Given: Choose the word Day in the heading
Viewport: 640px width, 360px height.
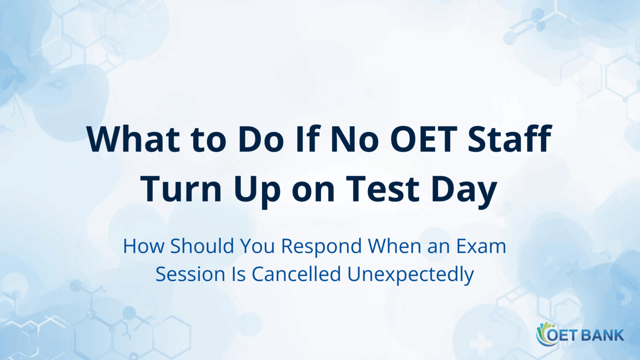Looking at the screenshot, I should tap(466, 190).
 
